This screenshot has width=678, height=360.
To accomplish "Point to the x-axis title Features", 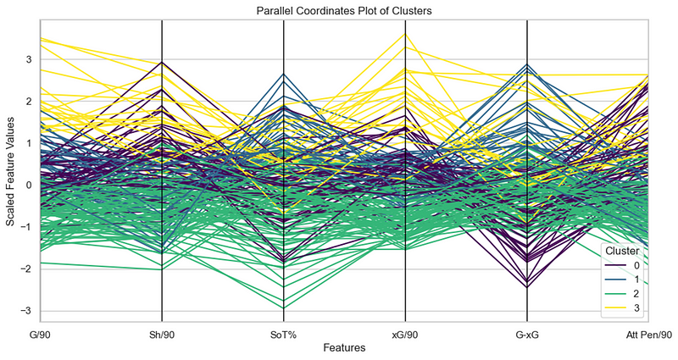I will (x=344, y=348).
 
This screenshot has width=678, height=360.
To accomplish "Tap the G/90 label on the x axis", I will (x=40, y=334).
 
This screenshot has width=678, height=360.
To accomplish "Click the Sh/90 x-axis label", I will (x=162, y=334).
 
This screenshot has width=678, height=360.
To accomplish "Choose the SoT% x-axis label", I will (x=283, y=334).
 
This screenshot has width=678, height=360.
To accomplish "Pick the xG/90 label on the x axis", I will (x=405, y=334).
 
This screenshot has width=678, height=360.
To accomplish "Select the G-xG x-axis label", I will (x=527, y=334).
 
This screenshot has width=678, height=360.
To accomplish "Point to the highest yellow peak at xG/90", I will (x=405, y=33).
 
